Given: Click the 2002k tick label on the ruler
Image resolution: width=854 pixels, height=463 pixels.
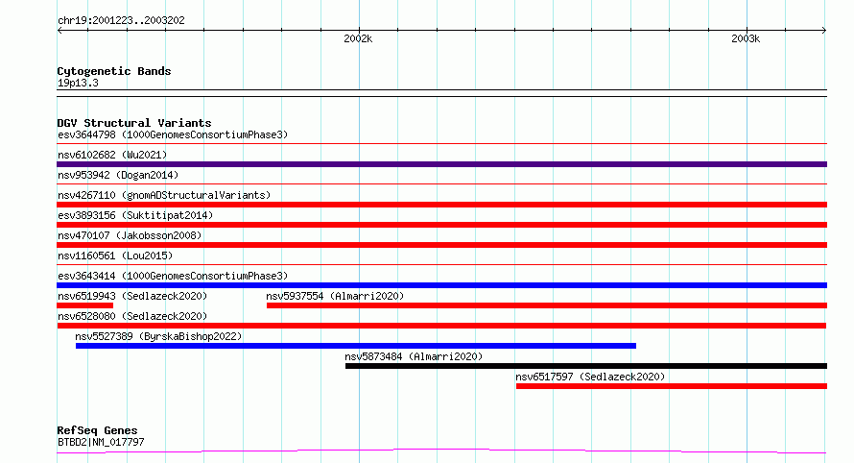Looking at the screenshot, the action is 358,38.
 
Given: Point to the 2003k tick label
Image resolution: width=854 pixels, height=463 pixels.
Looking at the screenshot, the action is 746,38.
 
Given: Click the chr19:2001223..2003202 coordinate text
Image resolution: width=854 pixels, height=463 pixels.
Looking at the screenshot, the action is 121,21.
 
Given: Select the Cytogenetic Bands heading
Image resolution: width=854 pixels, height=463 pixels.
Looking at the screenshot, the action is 114,71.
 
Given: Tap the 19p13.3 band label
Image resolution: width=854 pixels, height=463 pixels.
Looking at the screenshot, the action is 78,83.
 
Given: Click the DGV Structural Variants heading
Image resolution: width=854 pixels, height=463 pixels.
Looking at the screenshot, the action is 134,123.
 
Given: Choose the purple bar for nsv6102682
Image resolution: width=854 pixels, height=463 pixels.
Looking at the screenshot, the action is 441,164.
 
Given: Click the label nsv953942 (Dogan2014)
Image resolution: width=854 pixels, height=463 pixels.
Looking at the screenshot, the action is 118,175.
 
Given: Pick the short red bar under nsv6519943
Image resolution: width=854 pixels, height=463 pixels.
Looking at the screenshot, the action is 85,305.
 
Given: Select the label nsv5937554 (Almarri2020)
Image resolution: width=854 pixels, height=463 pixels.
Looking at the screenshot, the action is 335,296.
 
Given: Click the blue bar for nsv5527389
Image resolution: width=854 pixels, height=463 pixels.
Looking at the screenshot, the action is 356,346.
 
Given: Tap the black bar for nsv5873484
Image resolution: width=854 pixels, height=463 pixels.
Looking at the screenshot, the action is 586,366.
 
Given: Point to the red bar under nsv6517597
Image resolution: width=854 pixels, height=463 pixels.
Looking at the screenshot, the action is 672,386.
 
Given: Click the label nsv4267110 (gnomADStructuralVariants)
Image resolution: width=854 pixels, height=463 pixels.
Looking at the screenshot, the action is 164,195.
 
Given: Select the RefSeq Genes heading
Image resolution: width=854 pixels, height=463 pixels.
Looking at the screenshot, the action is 97,430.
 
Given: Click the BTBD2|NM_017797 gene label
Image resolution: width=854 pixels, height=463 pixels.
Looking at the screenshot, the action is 101,442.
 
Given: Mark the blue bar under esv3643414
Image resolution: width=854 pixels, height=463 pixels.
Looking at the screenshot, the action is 441,285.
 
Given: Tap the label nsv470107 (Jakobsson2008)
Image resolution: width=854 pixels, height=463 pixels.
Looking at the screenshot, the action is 130,235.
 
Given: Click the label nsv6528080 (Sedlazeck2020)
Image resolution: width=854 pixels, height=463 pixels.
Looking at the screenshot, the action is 132,316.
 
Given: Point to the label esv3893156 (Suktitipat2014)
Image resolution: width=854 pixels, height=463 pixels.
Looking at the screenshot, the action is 135,215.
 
